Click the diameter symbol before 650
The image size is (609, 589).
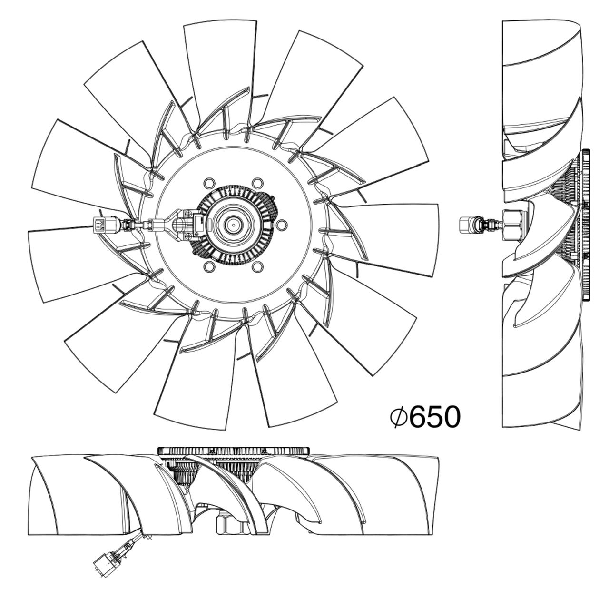tap(398, 417)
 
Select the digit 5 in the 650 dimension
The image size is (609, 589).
tap(435, 417)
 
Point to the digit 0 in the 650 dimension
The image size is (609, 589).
tap(452, 417)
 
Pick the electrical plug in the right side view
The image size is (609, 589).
tap(470, 225)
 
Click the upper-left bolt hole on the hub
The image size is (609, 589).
tap(209, 183)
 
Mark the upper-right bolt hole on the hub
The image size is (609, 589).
tap(257, 183)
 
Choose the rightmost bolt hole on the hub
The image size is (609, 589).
tap(281, 224)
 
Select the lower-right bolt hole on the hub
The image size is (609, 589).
tap(257, 266)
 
